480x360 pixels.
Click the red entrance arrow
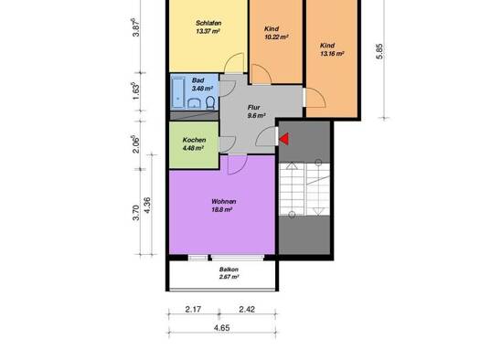[x=284, y=139]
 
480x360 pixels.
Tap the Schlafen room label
[x=208, y=23]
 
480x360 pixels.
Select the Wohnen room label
[x=223, y=202]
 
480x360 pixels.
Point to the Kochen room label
[x=194, y=140]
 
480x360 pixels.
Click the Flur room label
[x=254, y=108]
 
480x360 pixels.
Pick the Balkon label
[x=229, y=270]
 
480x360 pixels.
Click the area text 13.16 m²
[x=332, y=54]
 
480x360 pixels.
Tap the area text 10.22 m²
[x=276, y=37]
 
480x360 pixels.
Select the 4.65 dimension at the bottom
[x=221, y=328]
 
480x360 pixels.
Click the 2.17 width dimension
[x=193, y=309]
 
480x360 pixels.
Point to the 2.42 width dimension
[x=247, y=309]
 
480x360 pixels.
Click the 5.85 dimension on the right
[x=379, y=51]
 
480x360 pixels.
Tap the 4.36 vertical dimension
[x=147, y=206]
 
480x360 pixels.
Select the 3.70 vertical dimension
[x=136, y=213]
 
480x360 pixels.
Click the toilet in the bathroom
[x=210, y=102]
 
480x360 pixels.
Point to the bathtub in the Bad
[x=178, y=93]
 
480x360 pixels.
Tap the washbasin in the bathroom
[x=194, y=103]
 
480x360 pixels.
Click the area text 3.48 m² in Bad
[x=202, y=89]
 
